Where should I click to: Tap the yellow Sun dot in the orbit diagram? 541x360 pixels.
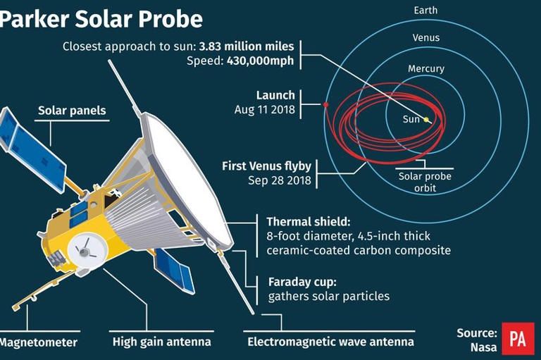pyautogui.click(x=426, y=120)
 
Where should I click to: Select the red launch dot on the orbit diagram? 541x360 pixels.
pyautogui.click(x=326, y=105)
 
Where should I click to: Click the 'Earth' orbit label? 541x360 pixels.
pyautogui.click(x=425, y=10)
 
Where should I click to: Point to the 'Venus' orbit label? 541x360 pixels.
pyautogui.click(x=425, y=37)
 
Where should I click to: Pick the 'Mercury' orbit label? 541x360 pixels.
pyautogui.click(x=425, y=68)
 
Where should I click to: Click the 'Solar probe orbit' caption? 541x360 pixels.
pyautogui.click(x=425, y=182)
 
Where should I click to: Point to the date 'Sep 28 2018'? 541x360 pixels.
pyautogui.click(x=278, y=180)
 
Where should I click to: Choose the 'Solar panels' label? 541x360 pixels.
pyautogui.click(x=72, y=111)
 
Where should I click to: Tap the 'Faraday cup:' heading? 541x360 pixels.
pyautogui.click(x=299, y=281)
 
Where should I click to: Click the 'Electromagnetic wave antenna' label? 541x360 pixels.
pyautogui.click(x=330, y=342)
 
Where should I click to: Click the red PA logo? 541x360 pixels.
pyautogui.click(x=518, y=339)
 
